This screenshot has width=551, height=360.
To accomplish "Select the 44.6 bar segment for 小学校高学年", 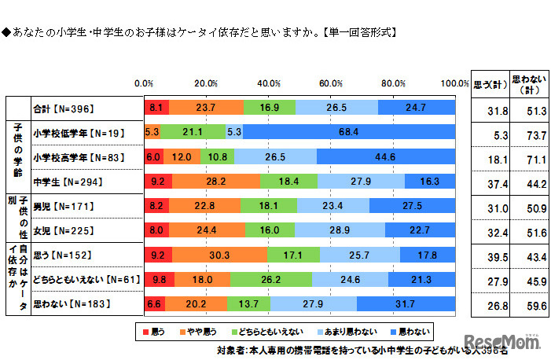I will point(386,156).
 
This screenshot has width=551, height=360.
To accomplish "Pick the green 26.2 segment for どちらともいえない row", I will point(270,279).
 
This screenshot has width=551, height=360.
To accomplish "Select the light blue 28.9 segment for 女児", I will point(340,230).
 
